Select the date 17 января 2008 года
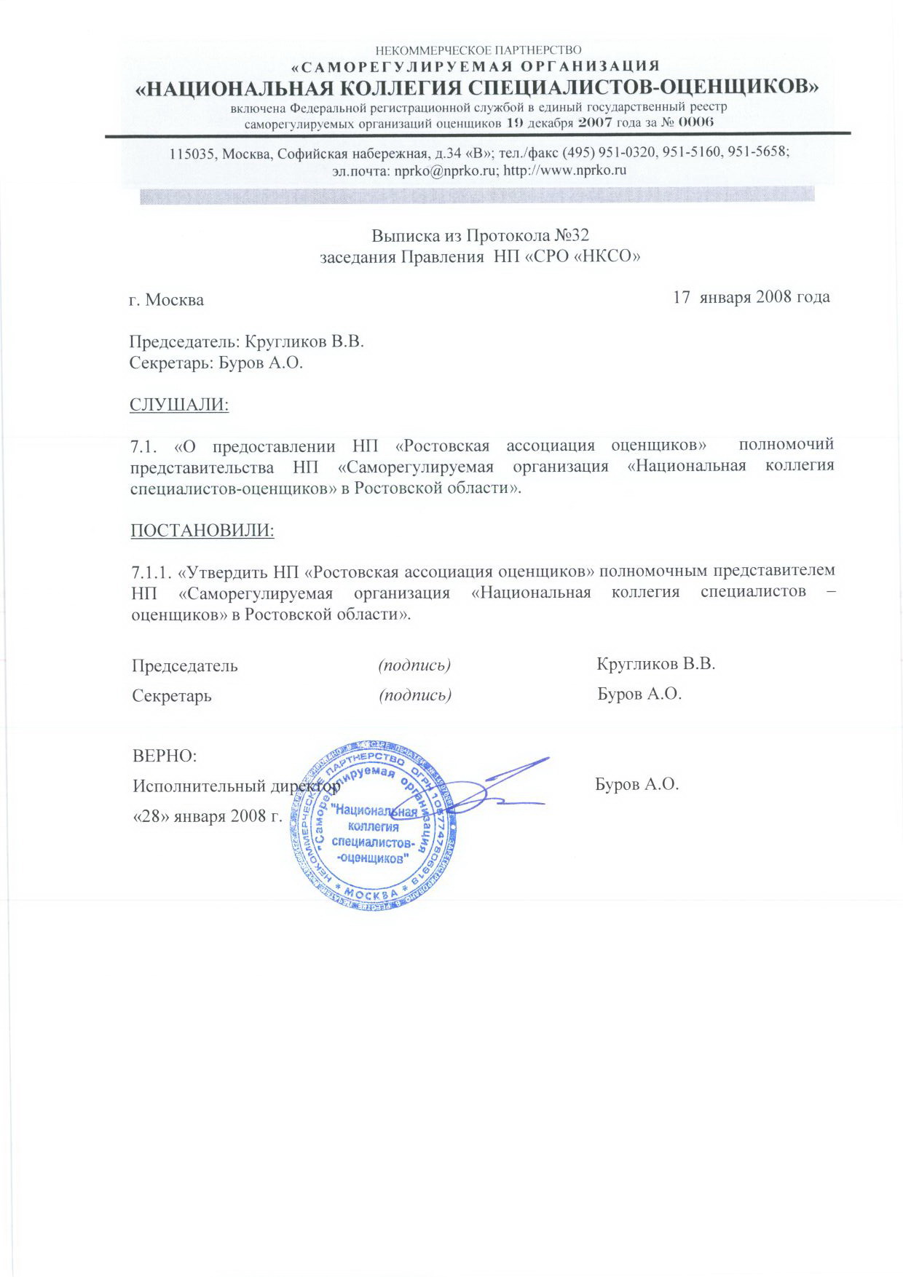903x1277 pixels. coord(752,297)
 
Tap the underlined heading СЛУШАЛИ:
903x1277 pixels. coord(179,405)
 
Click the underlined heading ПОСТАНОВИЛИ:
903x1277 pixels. coord(202,530)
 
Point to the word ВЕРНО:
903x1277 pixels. coord(165,755)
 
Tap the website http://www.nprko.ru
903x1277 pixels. coord(565,171)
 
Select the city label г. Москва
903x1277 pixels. coord(167,300)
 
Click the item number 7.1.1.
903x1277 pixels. coord(151,569)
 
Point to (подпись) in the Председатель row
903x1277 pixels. coord(415,665)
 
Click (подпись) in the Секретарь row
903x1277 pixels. coord(415,695)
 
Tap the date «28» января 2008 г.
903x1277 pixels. coord(207,815)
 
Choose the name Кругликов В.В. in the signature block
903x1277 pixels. coord(655,664)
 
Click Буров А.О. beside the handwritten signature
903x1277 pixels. coord(636,784)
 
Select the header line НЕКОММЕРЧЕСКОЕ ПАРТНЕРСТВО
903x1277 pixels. coord(478,50)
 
